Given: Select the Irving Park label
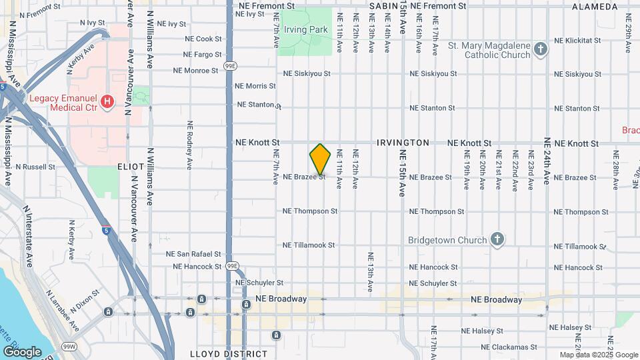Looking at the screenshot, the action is pyautogui.click(x=306, y=30).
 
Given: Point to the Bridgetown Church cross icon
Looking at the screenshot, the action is pyautogui.click(x=497, y=239).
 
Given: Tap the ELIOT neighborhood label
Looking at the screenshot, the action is pyautogui.click(x=131, y=166).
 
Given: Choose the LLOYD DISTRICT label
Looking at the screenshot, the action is pyautogui.click(x=229, y=354).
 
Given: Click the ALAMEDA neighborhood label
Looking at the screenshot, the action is pyautogui.click(x=595, y=7).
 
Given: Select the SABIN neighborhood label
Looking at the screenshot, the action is pyautogui.click(x=383, y=5).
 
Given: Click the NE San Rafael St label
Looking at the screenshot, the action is pyautogui.click(x=194, y=254).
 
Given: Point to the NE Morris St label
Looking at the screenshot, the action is pyautogui.click(x=255, y=86).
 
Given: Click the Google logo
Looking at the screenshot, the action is pyautogui.click(x=22, y=351).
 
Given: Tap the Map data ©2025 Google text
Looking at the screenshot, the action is pyautogui.click(x=599, y=355).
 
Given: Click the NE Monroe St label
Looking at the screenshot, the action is pyautogui.click(x=195, y=70).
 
